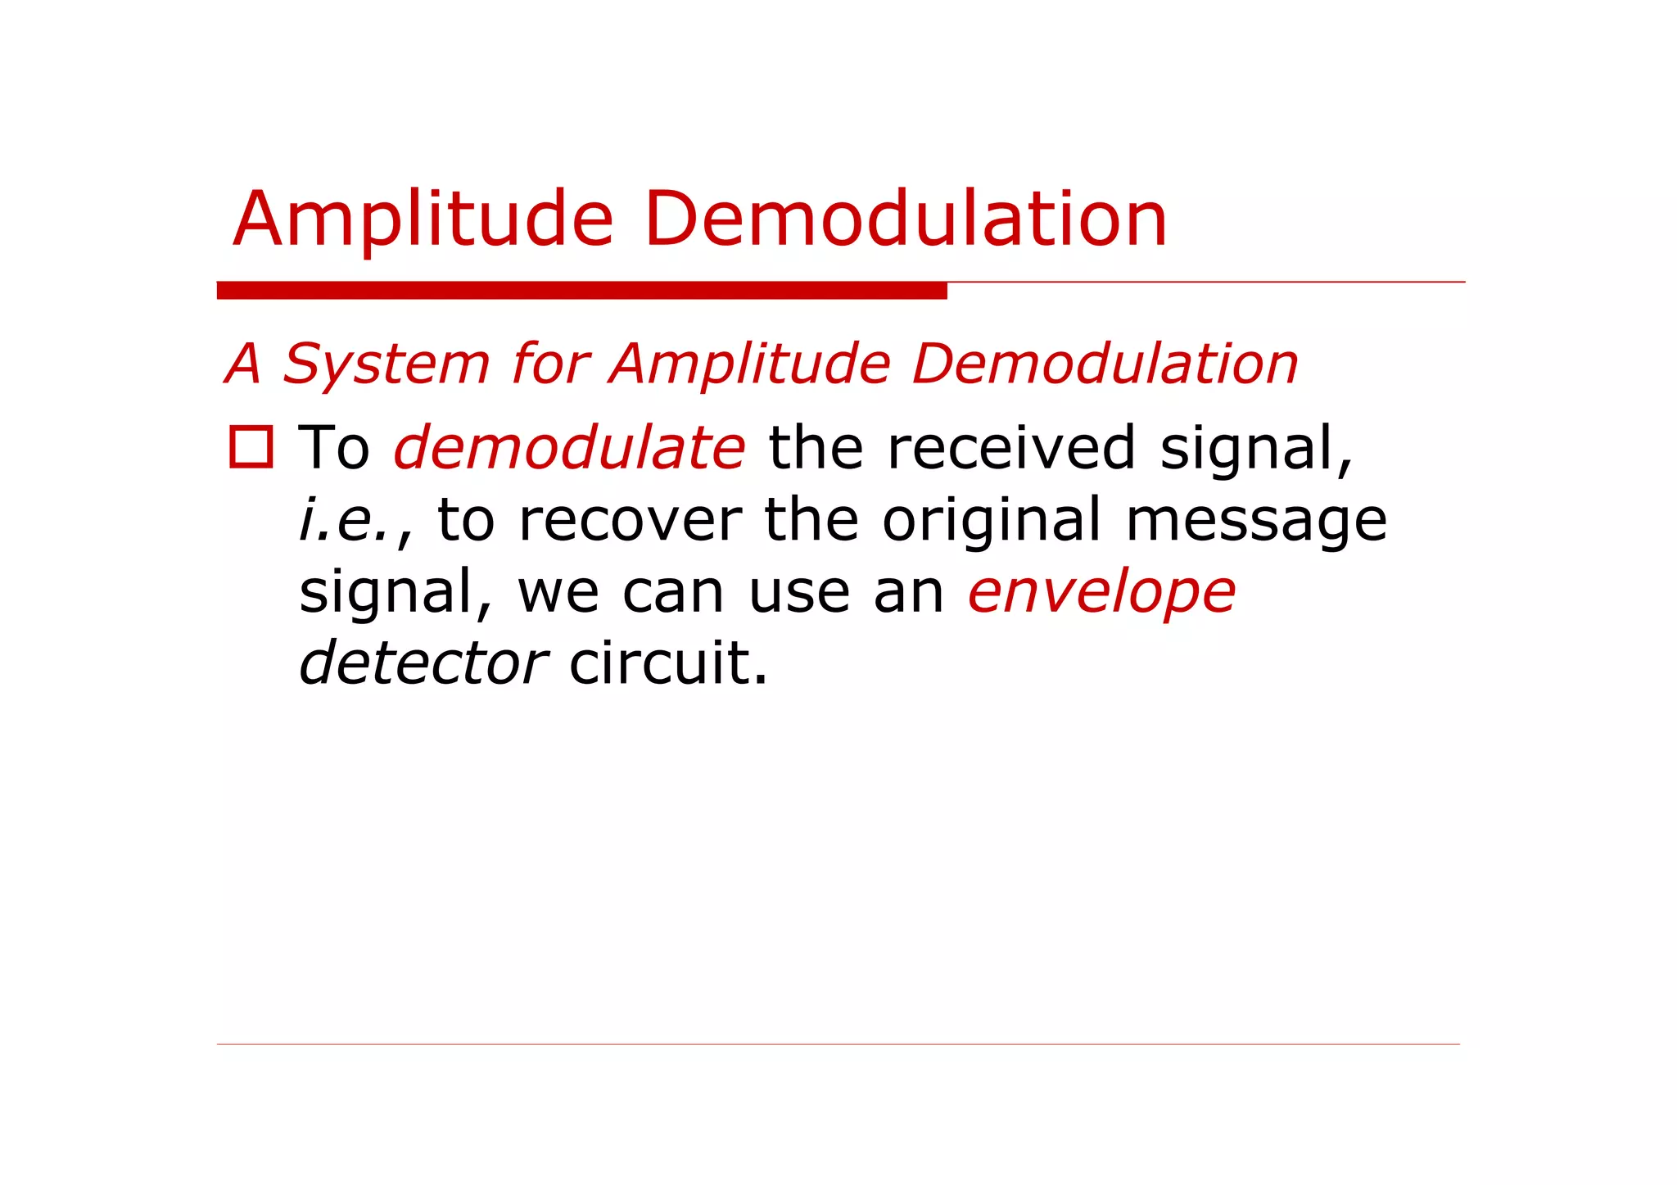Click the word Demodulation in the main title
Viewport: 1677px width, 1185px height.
(905, 219)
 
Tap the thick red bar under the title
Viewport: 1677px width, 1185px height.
(581, 291)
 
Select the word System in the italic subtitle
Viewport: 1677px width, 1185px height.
(386, 364)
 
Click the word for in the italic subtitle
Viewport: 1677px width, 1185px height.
(549, 364)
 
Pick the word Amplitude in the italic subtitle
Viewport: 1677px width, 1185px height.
(749, 364)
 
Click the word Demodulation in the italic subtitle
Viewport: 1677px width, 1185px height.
(1105, 364)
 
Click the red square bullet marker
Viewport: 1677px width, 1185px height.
(251, 447)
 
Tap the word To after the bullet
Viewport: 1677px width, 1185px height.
(334, 448)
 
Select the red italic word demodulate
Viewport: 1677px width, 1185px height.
(569, 448)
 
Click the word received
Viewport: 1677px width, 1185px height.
(1011, 448)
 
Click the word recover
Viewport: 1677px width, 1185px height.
(630, 520)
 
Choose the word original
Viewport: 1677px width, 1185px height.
(992, 520)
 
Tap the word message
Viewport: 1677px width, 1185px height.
(1256, 520)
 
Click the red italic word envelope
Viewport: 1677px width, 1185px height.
(1101, 591)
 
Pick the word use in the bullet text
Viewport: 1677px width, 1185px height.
(798, 591)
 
